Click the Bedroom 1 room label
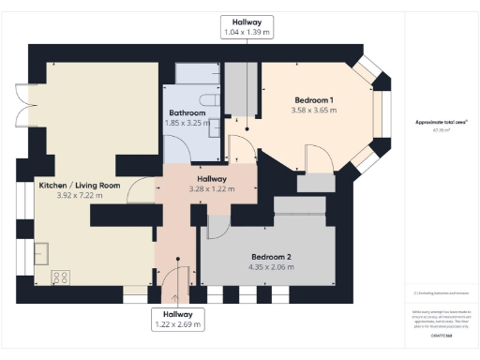click(x=314, y=99)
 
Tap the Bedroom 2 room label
click(x=271, y=256)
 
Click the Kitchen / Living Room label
click(x=80, y=186)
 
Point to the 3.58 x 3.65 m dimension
click(x=314, y=111)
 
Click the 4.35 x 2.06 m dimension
click(x=271, y=267)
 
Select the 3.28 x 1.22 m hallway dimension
click(x=211, y=188)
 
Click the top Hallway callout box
click(x=247, y=26)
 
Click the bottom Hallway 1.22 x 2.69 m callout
click(x=177, y=319)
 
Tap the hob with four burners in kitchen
click(x=61, y=277)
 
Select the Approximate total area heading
click(x=441, y=123)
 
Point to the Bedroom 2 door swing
click(x=217, y=225)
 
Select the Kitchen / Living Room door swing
click(x=141, y=190)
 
